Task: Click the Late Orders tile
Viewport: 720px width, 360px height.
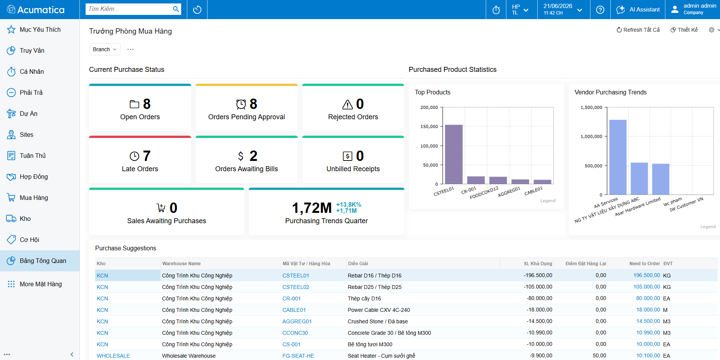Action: pyautogui.click(x=140, y=160)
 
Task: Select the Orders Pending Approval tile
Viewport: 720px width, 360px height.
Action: pyautogui.click(x=246, y=108)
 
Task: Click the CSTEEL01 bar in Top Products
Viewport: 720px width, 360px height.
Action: pyautogui.click(x=454, y=154)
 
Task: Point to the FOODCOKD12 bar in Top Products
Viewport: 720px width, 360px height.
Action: pyautogui.click(x=498, y=180)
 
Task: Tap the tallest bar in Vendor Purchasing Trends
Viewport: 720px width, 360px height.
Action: pyautogui.click(x=618, y=157)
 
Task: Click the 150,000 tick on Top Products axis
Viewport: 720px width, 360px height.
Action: pyautogui.click(x=429, y=126)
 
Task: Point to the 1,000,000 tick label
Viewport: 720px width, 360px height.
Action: pyautogui.click(x=591, y=136)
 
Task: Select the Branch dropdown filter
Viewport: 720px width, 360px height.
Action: pyautogui.click(x=105, y=49)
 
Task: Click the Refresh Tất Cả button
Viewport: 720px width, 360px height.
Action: pyautogui.click(x=638, y=30)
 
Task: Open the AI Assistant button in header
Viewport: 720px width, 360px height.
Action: pyautogui.click(x=638, y=10)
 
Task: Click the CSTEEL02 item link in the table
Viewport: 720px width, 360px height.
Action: pyautogui.click(x=296, y=287)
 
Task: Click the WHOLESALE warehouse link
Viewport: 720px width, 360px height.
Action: pyautogui.click(x=113, y=356)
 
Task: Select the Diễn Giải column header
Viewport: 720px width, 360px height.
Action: pyautogui.click(x=358, y=264)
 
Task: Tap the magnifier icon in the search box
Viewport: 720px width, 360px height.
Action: pyautogui.click(x=176, y=9)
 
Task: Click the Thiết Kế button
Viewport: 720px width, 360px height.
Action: pyautogui.click(x=684, y=30)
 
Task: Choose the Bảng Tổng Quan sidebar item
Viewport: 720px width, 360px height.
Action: pyautogui.click(x=40, y=261)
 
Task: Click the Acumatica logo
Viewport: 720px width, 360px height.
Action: pyautogui.click(x=36, y=10)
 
